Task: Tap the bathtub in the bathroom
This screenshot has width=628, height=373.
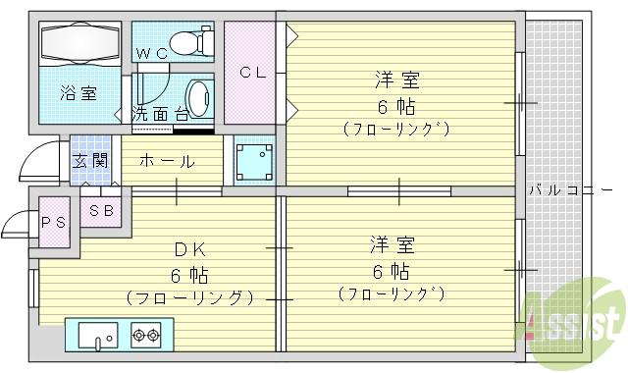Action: tap(79, 43)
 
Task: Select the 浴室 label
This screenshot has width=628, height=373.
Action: tap(78, 94)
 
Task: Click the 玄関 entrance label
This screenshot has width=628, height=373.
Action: tap(90, 161)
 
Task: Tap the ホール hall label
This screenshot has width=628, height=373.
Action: tap(166, 161)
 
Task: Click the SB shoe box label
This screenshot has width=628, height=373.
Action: tap(101, 210)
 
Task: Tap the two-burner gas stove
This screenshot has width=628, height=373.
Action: tap(145, 337)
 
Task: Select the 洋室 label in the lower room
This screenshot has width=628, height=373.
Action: tap(391, 242)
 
